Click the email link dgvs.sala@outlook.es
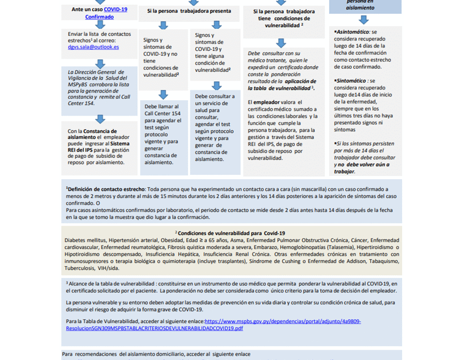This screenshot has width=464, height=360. (90, 47)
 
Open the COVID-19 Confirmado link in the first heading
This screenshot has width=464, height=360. (99, 13)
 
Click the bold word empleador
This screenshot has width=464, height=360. (271, 102)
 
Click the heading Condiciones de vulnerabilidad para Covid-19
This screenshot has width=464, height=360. (231, 233)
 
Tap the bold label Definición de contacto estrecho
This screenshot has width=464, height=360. (106, 189)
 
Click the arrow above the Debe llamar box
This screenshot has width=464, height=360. (163, 92)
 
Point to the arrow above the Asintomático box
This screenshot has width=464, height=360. (364, 20)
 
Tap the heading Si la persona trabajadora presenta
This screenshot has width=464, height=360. (189, 11)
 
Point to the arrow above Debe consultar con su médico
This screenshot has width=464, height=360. (281, 43)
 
